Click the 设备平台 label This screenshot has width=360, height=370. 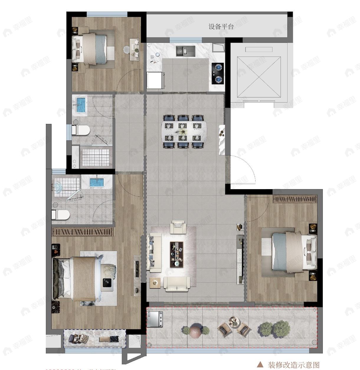[221, 27]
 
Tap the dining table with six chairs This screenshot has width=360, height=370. [184, 131]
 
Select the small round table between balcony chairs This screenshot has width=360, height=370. [235, 321]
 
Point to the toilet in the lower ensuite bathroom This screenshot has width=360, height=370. [61, 215]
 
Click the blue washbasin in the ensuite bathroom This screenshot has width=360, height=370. [97, 182]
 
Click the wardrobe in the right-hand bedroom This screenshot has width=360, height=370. [295, 199]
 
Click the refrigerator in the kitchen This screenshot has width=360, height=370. [154, 80]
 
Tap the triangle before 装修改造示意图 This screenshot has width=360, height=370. [261, 365]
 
